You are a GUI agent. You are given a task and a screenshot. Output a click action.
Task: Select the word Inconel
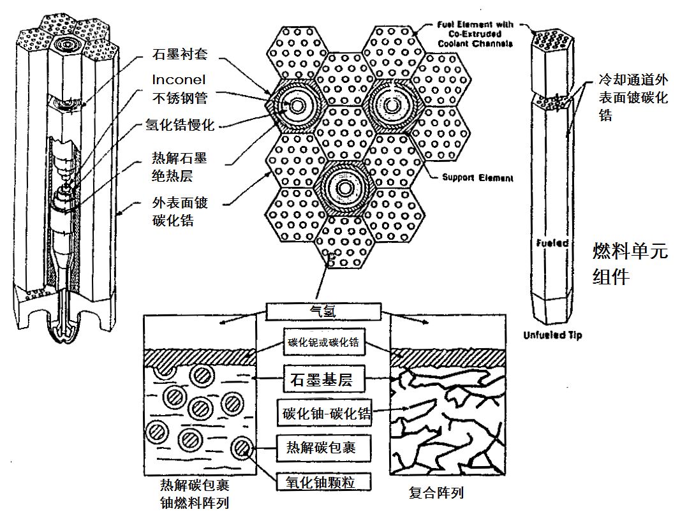pos(179,80)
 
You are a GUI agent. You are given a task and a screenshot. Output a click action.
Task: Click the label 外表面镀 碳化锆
pos(180,212)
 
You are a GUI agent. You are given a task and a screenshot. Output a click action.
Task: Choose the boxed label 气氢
pos(323,311)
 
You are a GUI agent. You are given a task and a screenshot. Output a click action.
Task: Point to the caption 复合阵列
pos(436,493)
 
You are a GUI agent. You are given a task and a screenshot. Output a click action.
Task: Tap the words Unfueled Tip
pos(552,335)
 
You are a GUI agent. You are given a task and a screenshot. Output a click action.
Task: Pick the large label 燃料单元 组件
pos(629,263)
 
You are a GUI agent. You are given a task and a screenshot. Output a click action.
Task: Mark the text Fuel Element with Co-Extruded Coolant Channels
pos(475,34)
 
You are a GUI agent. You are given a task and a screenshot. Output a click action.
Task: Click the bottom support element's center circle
pos(346,188)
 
